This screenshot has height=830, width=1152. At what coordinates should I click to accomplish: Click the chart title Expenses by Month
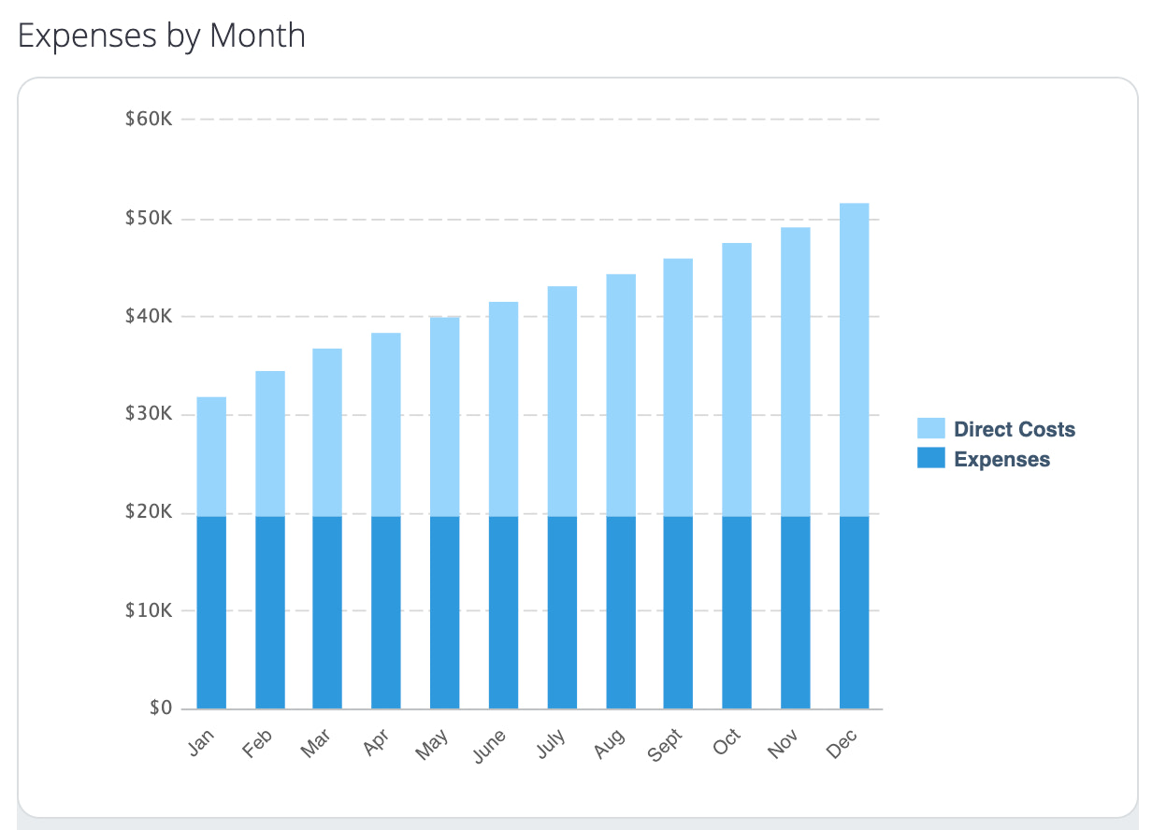[x=162, y=36]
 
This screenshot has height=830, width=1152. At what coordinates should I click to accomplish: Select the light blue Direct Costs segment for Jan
[x=211, y=456]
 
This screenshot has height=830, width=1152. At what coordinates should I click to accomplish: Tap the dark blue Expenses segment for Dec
[x=854, y=612]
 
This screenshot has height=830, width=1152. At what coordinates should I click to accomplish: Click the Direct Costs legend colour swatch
[x=930, y=429]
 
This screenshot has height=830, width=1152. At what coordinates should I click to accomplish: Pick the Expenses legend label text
[x=1001, y=460]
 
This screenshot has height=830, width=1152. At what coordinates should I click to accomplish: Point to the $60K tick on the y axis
[x=148, y=120]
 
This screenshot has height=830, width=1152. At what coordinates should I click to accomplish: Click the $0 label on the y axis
[x=160, y=708]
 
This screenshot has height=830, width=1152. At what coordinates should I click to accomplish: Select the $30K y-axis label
[x=148, y=414]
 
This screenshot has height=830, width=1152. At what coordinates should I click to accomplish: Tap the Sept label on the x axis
[x=666, y=744]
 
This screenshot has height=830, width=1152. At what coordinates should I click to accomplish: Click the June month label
[x=491, y=745]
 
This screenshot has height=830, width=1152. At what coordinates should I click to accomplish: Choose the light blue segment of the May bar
[x=444, y=417]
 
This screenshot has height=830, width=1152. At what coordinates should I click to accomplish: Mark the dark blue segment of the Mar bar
[x=327, y=612]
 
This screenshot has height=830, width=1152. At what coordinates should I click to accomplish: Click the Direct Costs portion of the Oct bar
[x=737, y=379]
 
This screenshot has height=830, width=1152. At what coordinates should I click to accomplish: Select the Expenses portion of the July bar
[x=562, y=612]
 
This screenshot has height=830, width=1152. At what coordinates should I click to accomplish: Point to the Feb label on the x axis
[x=259, y=743]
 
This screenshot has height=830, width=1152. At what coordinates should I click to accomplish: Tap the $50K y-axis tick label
[x=148, y=219]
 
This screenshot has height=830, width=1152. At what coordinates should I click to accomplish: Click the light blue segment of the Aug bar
[x=621, y=394]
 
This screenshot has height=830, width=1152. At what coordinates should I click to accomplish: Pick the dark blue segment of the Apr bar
[x=386, y=612]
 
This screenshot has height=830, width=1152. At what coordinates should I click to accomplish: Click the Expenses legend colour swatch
[x=930, y=459]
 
